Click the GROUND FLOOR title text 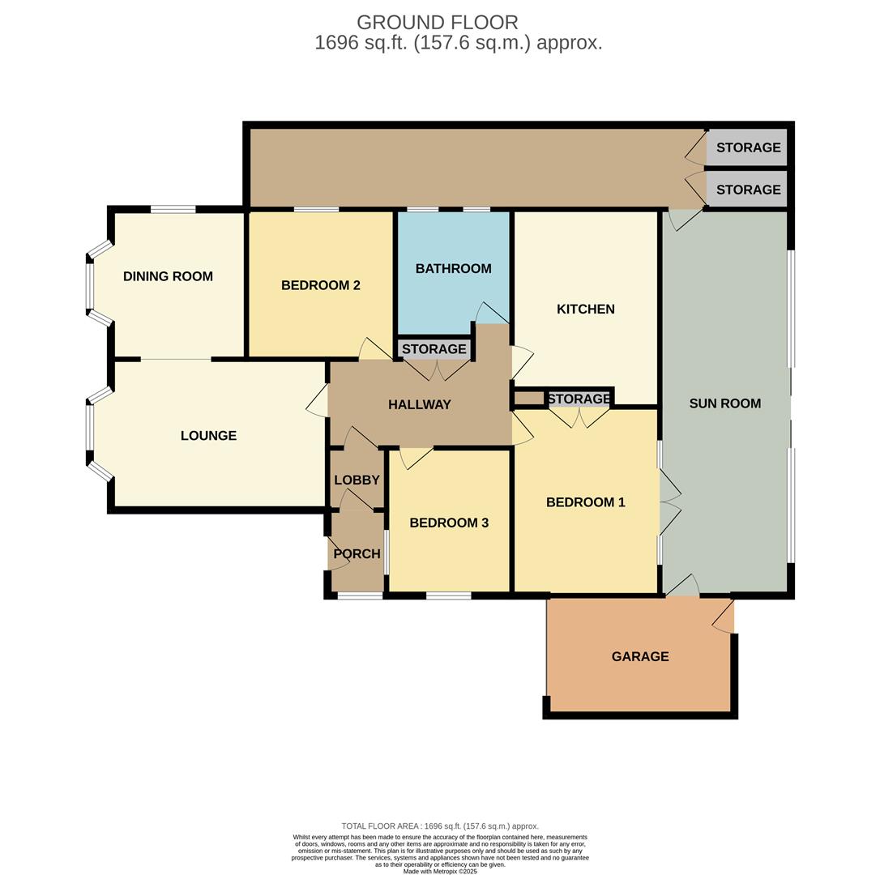point(437,23)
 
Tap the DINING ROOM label point(168,276)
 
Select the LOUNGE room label point(208,436)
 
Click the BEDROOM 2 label point(320,285)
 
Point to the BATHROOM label point(453,268)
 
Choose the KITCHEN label point(585,309)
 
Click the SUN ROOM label point(724,403)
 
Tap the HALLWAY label point(419,404)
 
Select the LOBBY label point(357,480)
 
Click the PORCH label point(357,554)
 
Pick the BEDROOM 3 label point(449,523)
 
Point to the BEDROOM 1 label point(585,502)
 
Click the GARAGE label point(640,656)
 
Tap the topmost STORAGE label point(748,147)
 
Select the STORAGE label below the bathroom point(434,349)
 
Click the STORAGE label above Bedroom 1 point(579,399)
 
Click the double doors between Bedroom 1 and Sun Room point(669,503)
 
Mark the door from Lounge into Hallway point(318,401)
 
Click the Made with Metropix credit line point(440,872)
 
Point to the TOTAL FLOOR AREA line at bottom point(440,826)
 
